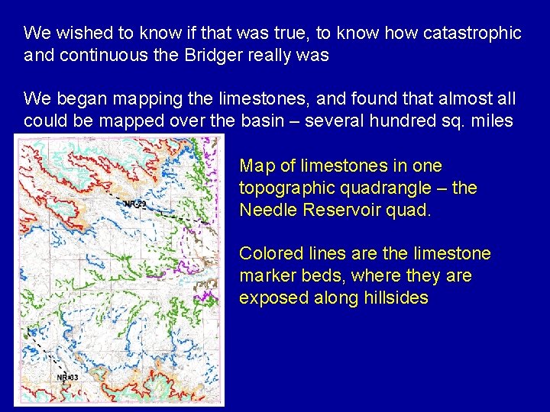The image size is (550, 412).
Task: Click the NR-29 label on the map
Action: click(134, 204)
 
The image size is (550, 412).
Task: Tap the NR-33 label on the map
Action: click(67, 378)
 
